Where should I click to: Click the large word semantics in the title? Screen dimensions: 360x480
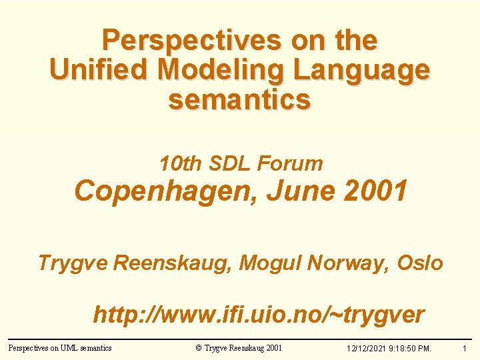point(240,99)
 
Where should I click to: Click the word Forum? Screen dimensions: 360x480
point(290,163)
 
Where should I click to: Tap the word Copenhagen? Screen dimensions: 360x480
point(166,192)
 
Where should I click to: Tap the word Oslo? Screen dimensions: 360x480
point(420,263)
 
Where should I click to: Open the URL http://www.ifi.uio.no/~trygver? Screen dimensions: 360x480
point(259,315)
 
